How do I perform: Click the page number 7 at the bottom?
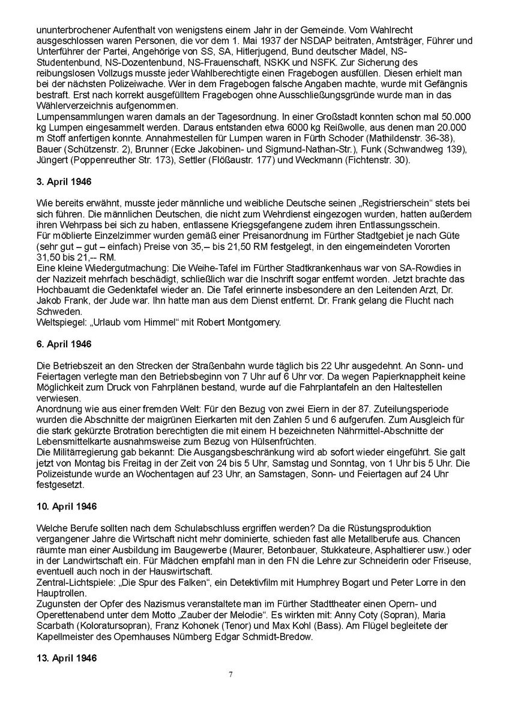(x=230, y=674)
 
